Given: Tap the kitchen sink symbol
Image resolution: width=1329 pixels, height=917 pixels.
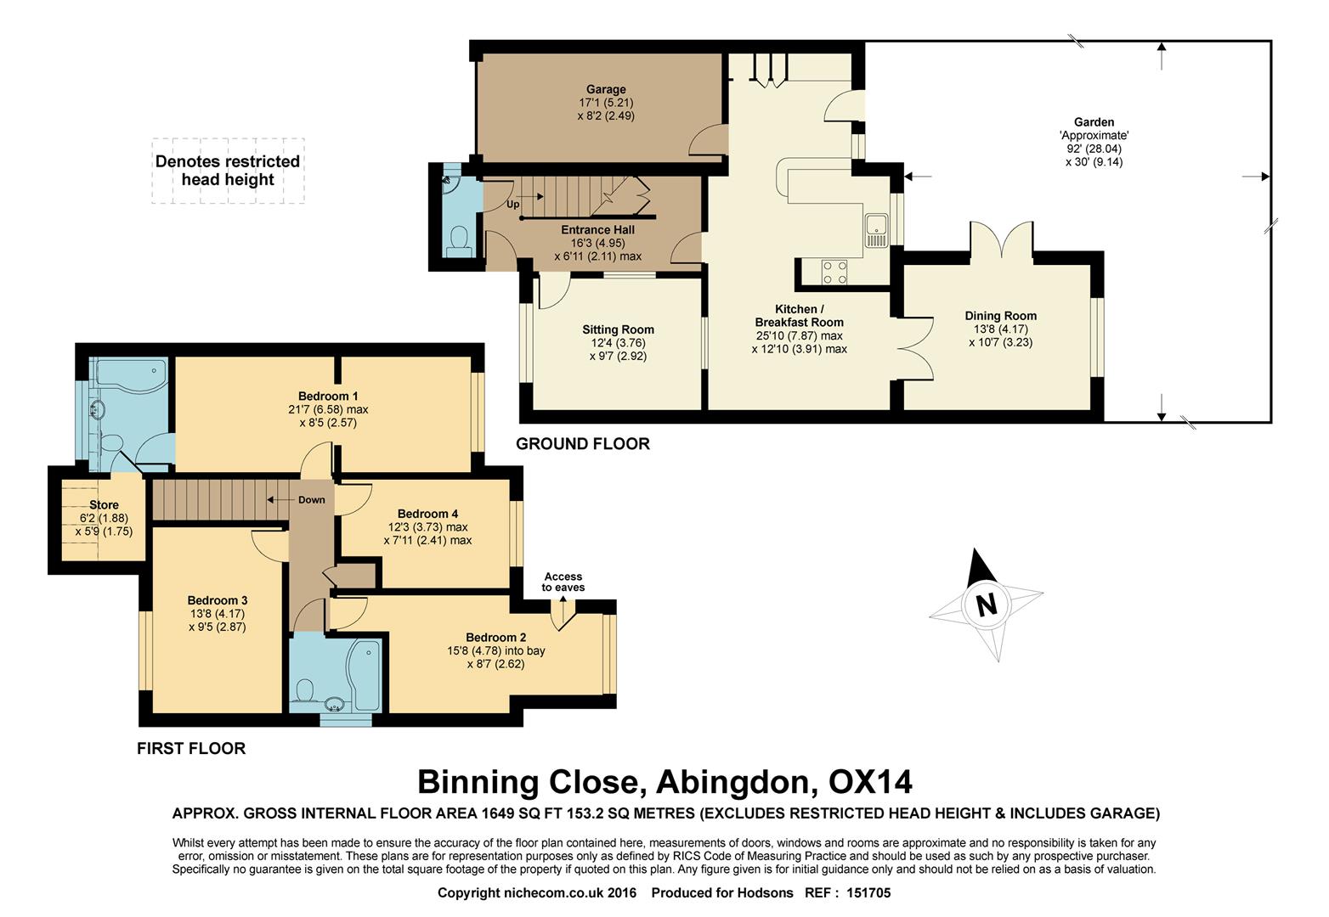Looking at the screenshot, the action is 876,231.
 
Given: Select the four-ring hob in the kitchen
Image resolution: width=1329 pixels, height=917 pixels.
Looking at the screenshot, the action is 834,273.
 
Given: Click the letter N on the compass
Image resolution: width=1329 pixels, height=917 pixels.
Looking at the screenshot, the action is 986,605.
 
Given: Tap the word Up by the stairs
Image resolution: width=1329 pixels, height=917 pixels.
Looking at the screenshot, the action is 512,205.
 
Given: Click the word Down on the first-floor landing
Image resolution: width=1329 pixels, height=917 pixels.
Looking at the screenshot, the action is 312,500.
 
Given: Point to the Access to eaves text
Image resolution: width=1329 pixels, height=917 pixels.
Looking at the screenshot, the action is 563,582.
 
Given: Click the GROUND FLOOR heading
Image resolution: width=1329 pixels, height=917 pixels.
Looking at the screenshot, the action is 583,443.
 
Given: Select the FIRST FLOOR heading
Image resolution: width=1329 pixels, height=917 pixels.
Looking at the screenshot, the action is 191,748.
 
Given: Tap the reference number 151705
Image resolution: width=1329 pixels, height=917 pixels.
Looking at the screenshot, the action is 868,892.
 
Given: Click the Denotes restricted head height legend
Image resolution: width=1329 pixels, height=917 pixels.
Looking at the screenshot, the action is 228,171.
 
